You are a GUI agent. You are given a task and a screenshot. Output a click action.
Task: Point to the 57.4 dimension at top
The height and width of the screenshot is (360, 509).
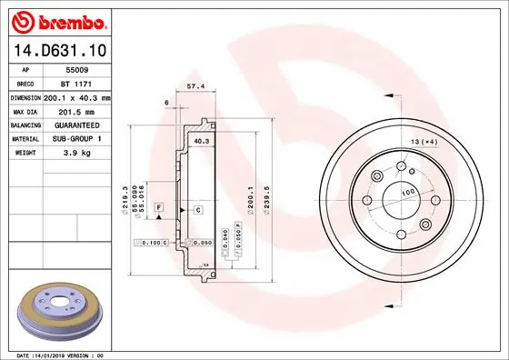point(194,86)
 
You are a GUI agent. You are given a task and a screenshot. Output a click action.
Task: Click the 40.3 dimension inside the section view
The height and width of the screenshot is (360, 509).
point(202,142)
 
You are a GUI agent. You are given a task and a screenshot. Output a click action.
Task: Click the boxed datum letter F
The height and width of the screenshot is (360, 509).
point(159,209)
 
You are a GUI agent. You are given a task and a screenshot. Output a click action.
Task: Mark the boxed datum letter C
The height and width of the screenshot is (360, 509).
point(197,210)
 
